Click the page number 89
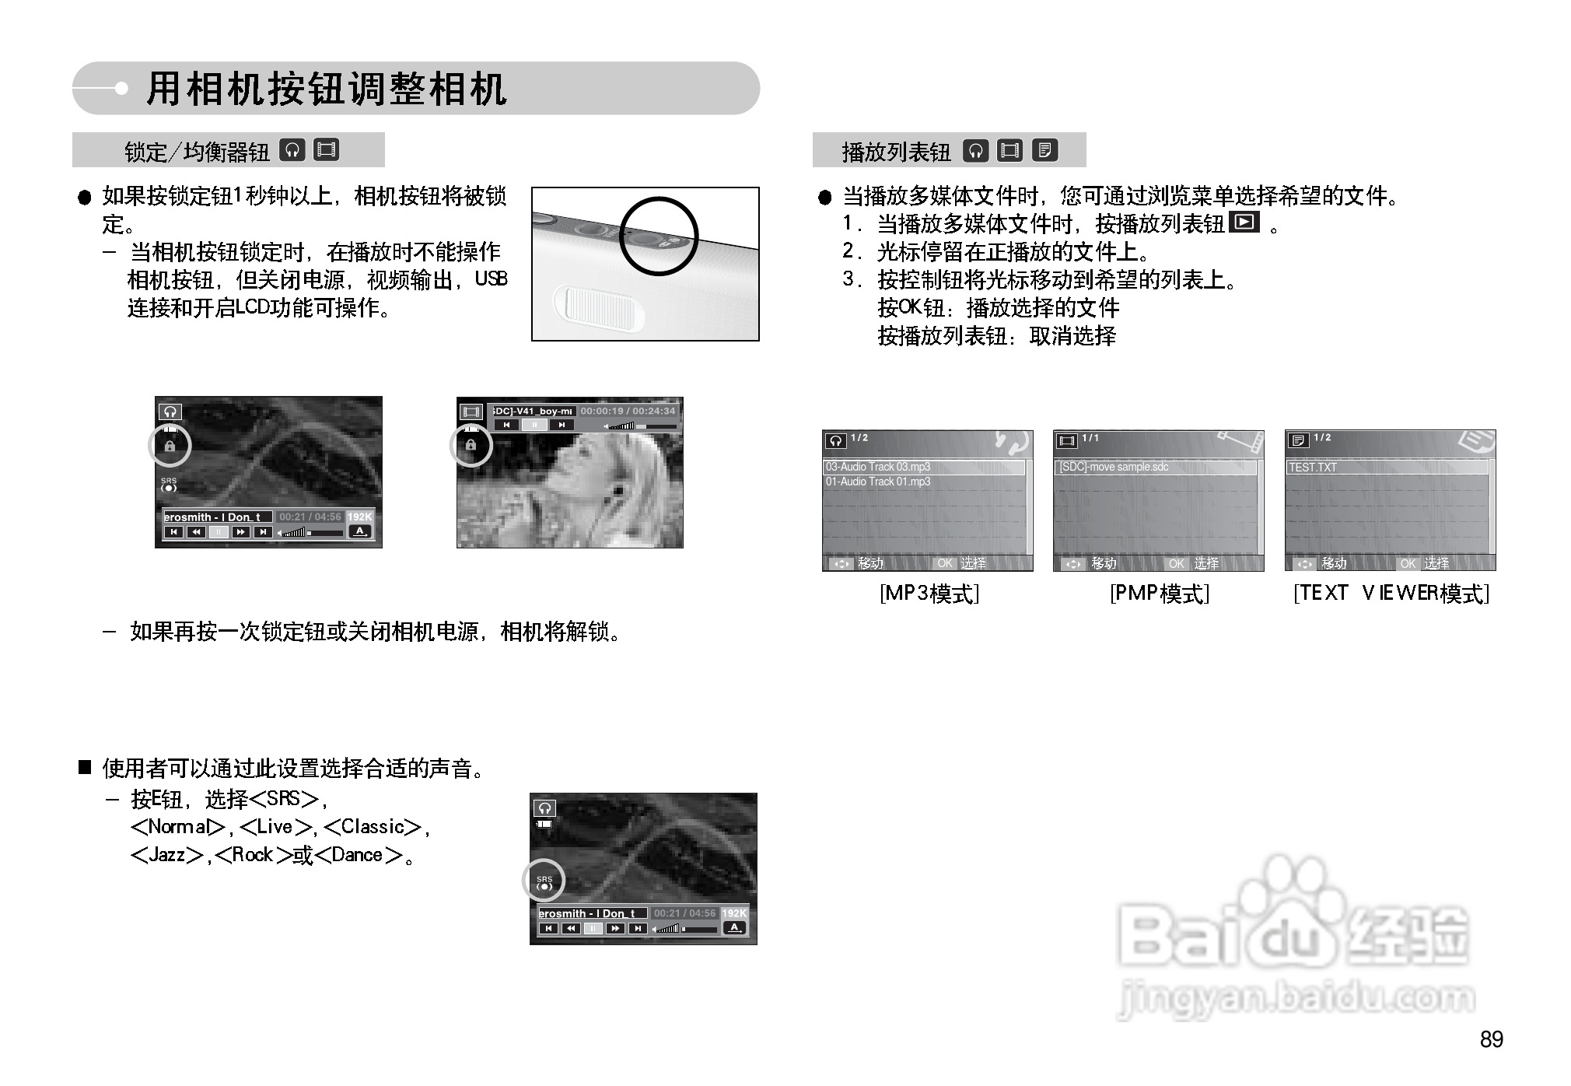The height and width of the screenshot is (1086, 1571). (x=1491, y=1039)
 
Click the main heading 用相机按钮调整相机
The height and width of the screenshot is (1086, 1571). (x=327, y=89)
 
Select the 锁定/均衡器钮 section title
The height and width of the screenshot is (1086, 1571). (x=197, y=151)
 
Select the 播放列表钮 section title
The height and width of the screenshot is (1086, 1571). (x=896, y=151)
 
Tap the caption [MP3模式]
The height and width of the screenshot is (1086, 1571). (x=929, y=594)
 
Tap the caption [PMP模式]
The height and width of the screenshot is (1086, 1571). (x=1159, y=594)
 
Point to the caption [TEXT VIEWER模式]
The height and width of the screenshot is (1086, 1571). (x=1391, y=594)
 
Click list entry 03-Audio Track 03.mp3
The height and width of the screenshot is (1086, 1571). (x=878, y=467)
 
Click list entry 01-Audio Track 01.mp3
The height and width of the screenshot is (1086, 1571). (x=878, y=482)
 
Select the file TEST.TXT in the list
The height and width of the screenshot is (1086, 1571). (x=1313, y=468)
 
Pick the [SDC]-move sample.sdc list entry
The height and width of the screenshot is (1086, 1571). (x=1114, y=467)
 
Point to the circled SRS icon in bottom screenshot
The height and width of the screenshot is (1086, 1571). (x=544, y=881)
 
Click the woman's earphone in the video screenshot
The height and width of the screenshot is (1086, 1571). (x=618, y=491)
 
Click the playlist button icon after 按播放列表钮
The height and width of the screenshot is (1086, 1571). (x=1244, y=222)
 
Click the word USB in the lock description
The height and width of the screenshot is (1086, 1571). (x=491, y=279)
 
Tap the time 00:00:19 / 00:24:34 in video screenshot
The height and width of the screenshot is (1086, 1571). (x=628, y=411)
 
